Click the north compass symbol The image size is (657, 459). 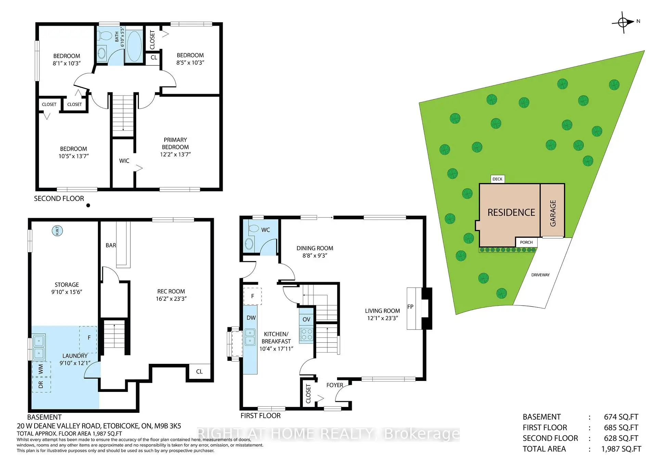pos(623,23)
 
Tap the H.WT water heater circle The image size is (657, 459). pos(57,231)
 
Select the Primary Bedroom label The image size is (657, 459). pos(175,143)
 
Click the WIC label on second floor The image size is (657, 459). pos(124,161)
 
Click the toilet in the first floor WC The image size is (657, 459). pos(253,229)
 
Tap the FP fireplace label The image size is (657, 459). pos(410,307)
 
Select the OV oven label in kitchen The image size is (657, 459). pos(306,319)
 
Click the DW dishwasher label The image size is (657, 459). pos(251,318)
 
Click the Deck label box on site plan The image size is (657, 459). pos(497,179)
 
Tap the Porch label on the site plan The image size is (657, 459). pos(526,242)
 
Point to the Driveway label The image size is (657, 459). pos(540,275)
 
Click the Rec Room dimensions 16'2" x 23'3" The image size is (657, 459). pos(171,299)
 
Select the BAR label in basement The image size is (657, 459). pos(111,245)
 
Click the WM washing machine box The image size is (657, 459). pos(41,369)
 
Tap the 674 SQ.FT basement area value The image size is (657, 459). pos(621,417)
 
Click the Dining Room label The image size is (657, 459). pos(314,248)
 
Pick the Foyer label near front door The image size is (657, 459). pos(334,385)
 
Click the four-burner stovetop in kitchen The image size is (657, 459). pos(306,334)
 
